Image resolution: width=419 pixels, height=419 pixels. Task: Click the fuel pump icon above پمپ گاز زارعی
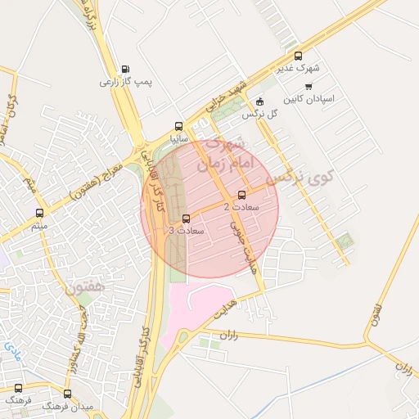click(x=124, y=69)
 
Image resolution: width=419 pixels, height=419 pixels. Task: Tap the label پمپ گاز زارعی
click(x=116, y=82)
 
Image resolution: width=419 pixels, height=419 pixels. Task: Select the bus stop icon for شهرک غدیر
click(x=297, y=56)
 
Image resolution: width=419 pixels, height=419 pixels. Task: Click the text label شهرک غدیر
click(x=313, y=70)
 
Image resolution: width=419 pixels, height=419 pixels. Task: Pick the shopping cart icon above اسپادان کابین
click(x=309, y=86)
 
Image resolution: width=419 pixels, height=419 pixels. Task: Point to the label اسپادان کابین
click(x=310, y=99)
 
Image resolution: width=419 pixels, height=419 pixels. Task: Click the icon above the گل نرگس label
click(x=259, y=101)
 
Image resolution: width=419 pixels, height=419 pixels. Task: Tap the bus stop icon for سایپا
click(x=178, y=127)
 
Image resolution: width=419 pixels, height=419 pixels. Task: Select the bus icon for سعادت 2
click(x=241, y=195)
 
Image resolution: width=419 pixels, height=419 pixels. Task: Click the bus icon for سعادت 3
click(x=186, y=219)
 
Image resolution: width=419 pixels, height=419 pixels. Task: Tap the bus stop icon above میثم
click(x=39, y=213)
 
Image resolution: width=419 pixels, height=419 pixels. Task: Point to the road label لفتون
click(x=377, y=314)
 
